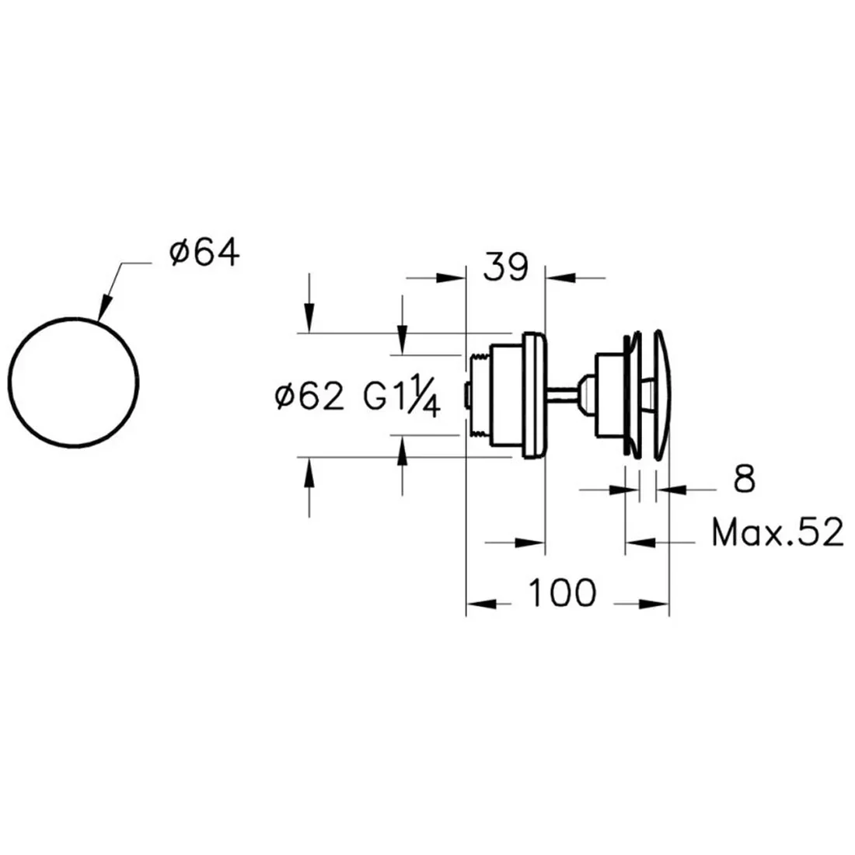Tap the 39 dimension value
click(x=505, y=267)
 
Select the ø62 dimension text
click(x=309, y=396)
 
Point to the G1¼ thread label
click(x=402, y=396)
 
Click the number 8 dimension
click(x=744, y=480)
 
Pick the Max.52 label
click(x=777, y=532)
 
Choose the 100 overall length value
click(x=563, y=593)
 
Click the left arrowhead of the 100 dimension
click(x=481, y=604)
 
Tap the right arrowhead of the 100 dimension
click(x=654, y=604)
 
